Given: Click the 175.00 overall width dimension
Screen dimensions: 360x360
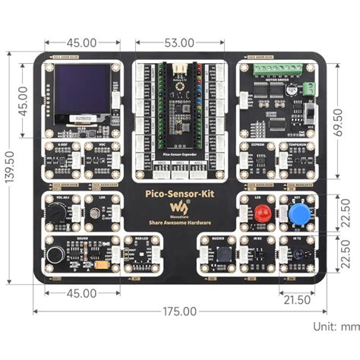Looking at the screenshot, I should pyautogui.click(x=179, y=311).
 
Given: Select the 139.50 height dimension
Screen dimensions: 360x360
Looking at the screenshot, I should pyautogui.click(x=8, y=166).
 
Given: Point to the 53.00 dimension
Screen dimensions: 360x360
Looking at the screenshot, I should pyautogui.click(x=179, y=43).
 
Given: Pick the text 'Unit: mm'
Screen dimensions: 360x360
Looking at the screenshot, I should pyautogui.click(x=333, y=326).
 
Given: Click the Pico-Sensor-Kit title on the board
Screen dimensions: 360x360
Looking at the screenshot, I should pyautogui.click(x=179, y=195).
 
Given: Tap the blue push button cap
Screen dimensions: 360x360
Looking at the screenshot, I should pyautogui.click(x=298, y=213).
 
